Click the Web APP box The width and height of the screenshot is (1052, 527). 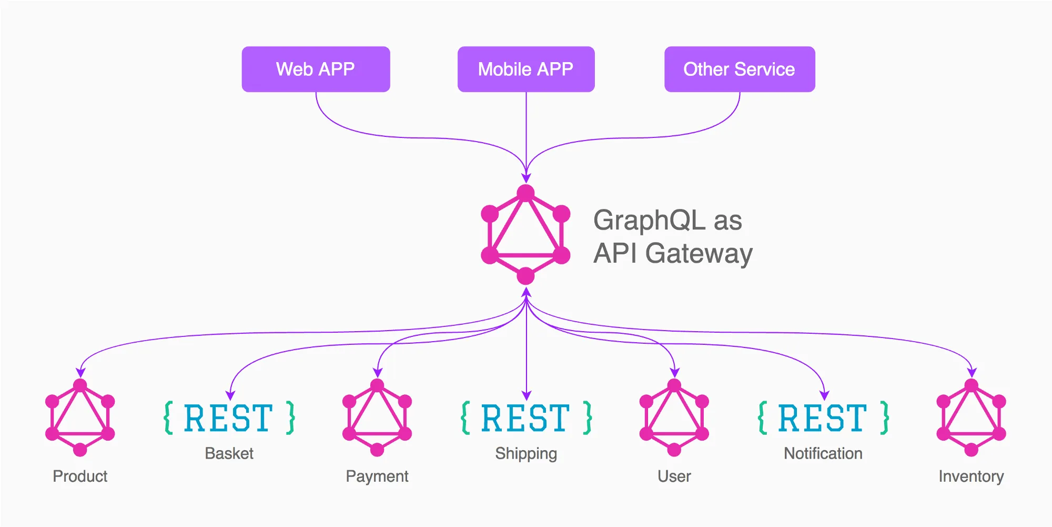(316, 69)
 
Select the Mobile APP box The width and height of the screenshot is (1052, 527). (525, 69)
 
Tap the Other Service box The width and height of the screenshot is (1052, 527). (739, 69)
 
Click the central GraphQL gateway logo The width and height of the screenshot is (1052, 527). (525, 235)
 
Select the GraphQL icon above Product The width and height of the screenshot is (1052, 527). (80, 417)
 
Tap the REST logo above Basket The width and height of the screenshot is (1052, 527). (229, 418)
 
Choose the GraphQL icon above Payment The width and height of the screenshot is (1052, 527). (377, 417)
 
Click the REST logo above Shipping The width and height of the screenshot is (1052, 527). (526, 418)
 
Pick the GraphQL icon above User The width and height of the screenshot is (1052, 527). (674, 417)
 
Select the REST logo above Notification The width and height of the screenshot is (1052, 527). (823, 418)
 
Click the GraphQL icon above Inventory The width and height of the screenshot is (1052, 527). (971, 417)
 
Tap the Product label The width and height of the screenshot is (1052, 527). (80, 476)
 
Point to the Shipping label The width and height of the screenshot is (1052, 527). (526, 453)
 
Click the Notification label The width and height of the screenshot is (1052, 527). (823, 453)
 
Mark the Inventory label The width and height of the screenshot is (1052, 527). (971, 476)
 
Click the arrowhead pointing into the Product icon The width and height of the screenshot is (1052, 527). (80, 373)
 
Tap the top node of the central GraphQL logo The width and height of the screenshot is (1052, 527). (525, 193)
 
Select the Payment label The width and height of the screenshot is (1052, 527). (377, 476)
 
